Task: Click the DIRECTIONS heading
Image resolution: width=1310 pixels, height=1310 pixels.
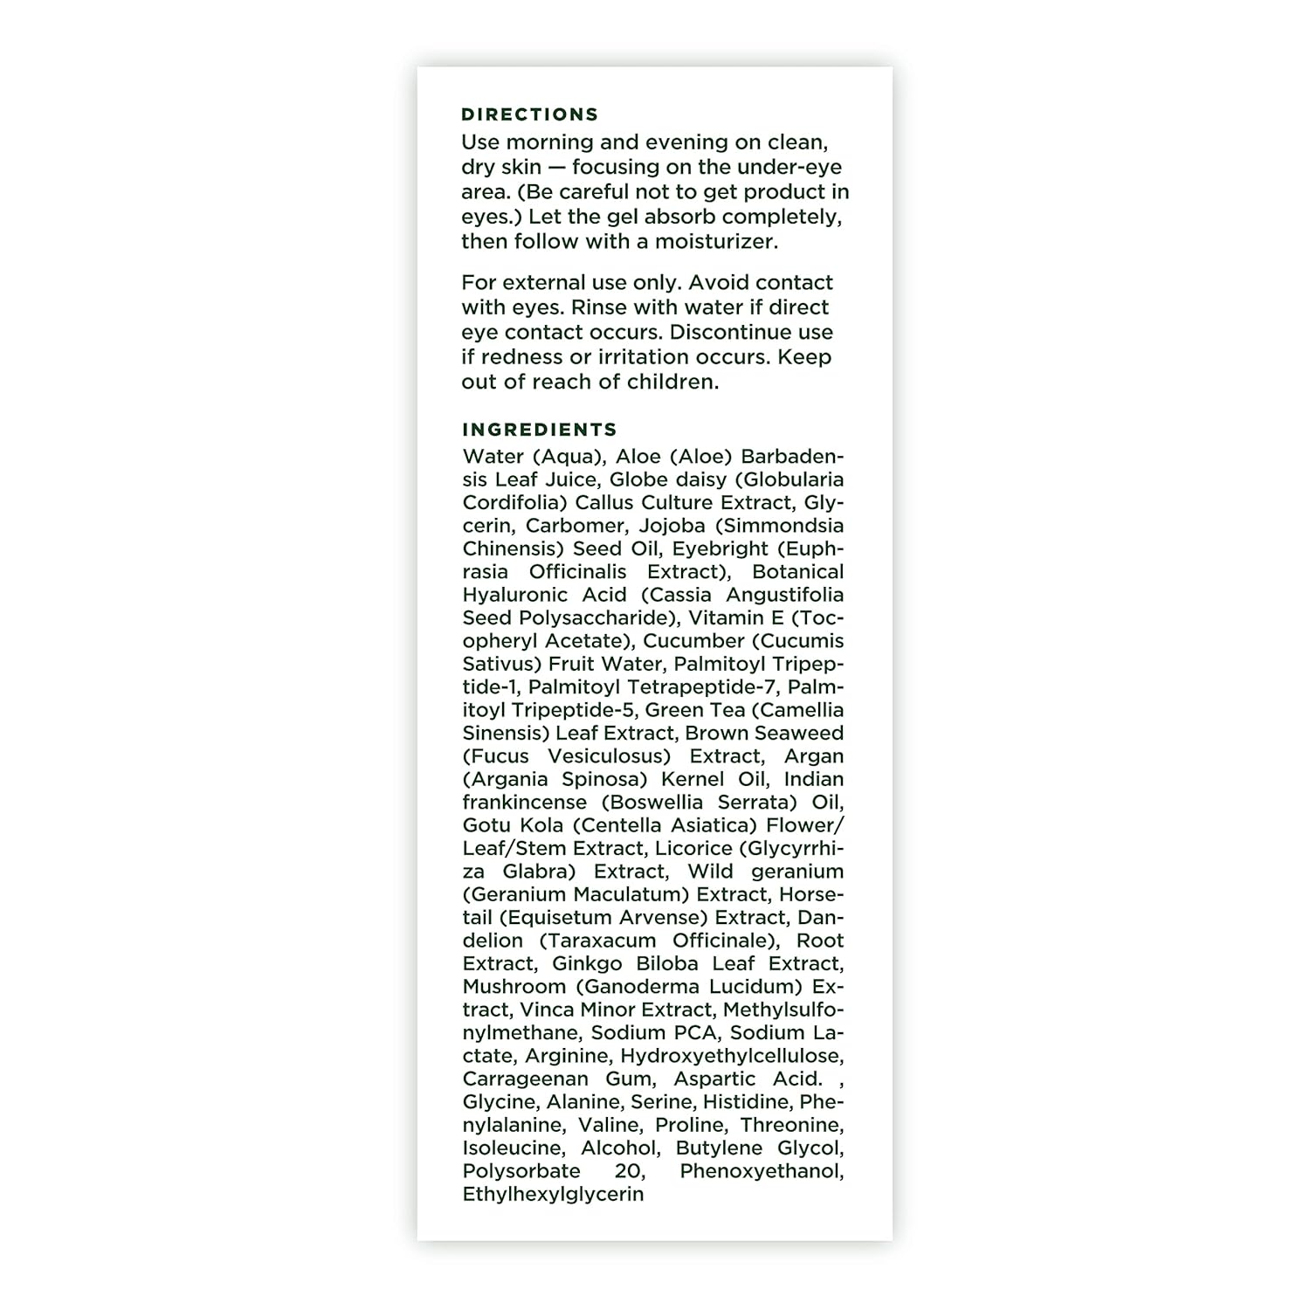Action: click(x=529, y=114)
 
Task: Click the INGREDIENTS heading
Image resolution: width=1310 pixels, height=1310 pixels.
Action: click(x=540, y=430)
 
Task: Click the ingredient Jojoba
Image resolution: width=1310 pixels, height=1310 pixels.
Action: click(x=672, y=526)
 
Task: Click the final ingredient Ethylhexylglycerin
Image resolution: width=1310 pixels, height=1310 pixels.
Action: click(x=553, y=1195)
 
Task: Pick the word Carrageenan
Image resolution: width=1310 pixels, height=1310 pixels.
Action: click(x=525, y=1079)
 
